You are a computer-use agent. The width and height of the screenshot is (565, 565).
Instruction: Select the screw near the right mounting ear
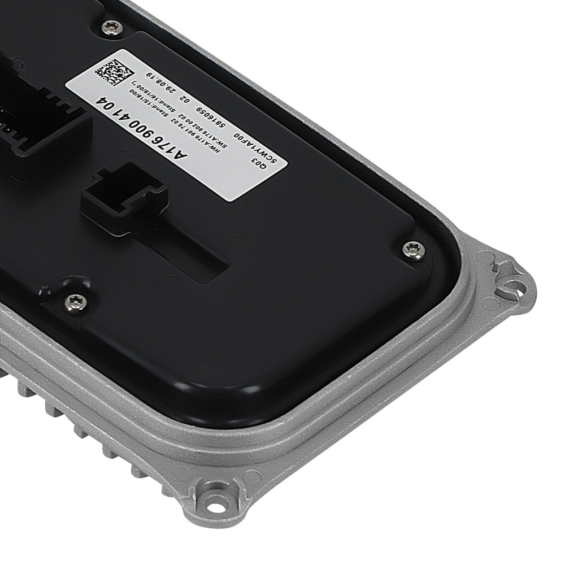point(414,249)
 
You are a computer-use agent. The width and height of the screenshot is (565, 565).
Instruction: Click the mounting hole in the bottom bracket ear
point(213,498)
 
